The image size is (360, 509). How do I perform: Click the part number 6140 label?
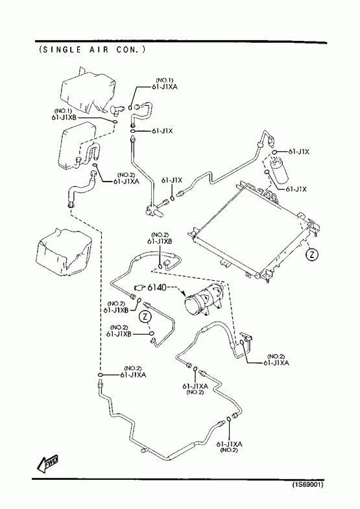157,287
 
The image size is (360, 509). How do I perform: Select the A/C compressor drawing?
204,299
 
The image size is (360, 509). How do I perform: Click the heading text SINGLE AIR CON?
92,49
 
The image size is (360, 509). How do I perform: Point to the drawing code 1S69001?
307,484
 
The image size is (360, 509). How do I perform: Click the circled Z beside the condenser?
312,254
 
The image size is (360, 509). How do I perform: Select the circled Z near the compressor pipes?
145,316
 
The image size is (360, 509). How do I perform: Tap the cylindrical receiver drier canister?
279,170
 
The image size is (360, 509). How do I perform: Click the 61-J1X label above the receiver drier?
298,152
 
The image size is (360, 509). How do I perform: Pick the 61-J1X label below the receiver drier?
296,189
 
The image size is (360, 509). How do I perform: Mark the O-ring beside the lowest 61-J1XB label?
151,333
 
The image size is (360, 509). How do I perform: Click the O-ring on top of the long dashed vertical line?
101,375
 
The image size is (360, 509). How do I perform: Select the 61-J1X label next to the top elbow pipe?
162,131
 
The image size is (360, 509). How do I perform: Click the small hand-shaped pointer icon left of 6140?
139,287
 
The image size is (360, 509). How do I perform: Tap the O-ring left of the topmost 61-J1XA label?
130,108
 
